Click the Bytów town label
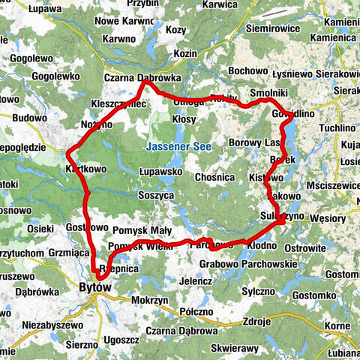(x=94, y=287)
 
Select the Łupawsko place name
(x=161, y=171)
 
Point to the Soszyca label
(x=156, y=194)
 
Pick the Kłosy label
(x=184, y=119)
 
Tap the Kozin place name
(x=184, y=53)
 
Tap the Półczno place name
(x=197, y=310)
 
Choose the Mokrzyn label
(x=147, y=298)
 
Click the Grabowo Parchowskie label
(x=248, y=263)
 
